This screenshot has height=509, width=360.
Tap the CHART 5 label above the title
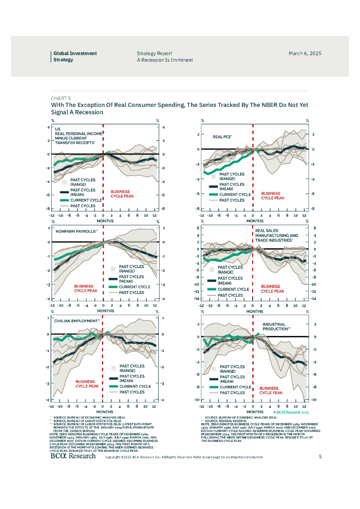click(x=61, y=98)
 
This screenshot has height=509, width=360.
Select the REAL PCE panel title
click(x=223, y=136)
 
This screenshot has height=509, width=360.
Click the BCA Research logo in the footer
click(x=73, y=456)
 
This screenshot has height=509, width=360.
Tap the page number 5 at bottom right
click(x=320, y=456)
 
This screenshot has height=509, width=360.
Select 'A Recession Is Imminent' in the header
click(x=165, y=60)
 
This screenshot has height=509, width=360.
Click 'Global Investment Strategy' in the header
click(x=75, y=57)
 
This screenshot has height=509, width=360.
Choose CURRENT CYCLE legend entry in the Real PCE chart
click(x=235, y=195)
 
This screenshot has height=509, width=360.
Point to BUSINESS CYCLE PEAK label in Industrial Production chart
click(x=271, y=390)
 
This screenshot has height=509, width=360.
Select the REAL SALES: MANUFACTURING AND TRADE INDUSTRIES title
click(x=276, y=236)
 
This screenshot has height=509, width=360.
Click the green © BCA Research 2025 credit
click(x=291, y=413)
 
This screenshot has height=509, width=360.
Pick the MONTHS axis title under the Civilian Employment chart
click(x=104, y=412)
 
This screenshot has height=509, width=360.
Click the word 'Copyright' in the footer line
click(x=113, y=457)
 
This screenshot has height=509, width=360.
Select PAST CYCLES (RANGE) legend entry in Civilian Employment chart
click(x=132, y=368)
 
